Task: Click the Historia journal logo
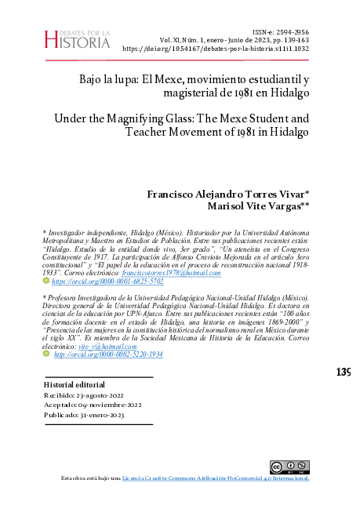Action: click(78, 37)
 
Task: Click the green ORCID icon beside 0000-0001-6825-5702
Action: click(45, 280)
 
